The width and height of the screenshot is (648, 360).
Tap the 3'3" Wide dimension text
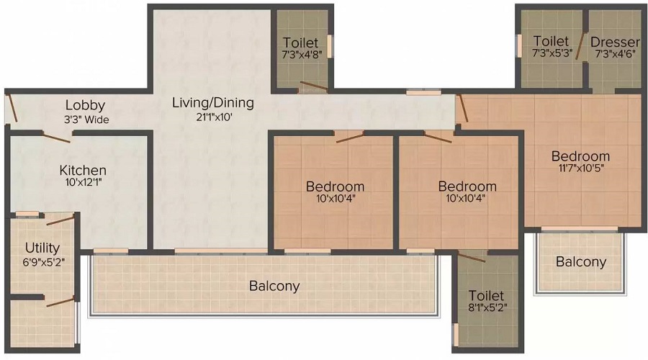pyautogui.click(x=86, y=120)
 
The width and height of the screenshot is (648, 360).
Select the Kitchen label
pyautogui.click(x=83, y=170)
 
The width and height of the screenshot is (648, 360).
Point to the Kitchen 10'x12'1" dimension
pyautogui.click(x=83, y=182)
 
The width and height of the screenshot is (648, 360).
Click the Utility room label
pyautogui.click(x=42, y=248)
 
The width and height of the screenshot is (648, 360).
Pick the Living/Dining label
pyautogui.click(x=213, y=102)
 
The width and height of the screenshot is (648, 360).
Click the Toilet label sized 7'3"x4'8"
pyautogui.click(x=300, y=42)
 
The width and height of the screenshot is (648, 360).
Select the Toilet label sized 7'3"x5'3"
pyautogui.click(x=551, y=41)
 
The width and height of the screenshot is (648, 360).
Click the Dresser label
pyautogui.click(x=615, y=42)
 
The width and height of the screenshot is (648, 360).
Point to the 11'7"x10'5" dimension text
pyautogui.click(x=580, y=168)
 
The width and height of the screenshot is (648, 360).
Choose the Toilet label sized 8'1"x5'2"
pyautogui.click(x=486, y=295)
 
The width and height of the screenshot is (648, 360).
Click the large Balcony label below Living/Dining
pyautogui.click(x=274, y=286)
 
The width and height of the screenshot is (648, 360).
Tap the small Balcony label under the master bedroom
pyautogui.click(x=580, y=261)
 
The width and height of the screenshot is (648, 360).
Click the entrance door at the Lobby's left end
pyautogui.click(x=12, y=108)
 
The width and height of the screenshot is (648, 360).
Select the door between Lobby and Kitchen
pyautogui.click(x=57, y=138)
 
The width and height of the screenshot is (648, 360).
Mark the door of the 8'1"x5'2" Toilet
pyautogui.click(x=472, y=256)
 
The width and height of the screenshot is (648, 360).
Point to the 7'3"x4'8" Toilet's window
pyautogui.click(x=330, y=46)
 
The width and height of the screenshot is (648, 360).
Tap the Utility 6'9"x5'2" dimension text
pyautogui.click(x=43, y=262)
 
